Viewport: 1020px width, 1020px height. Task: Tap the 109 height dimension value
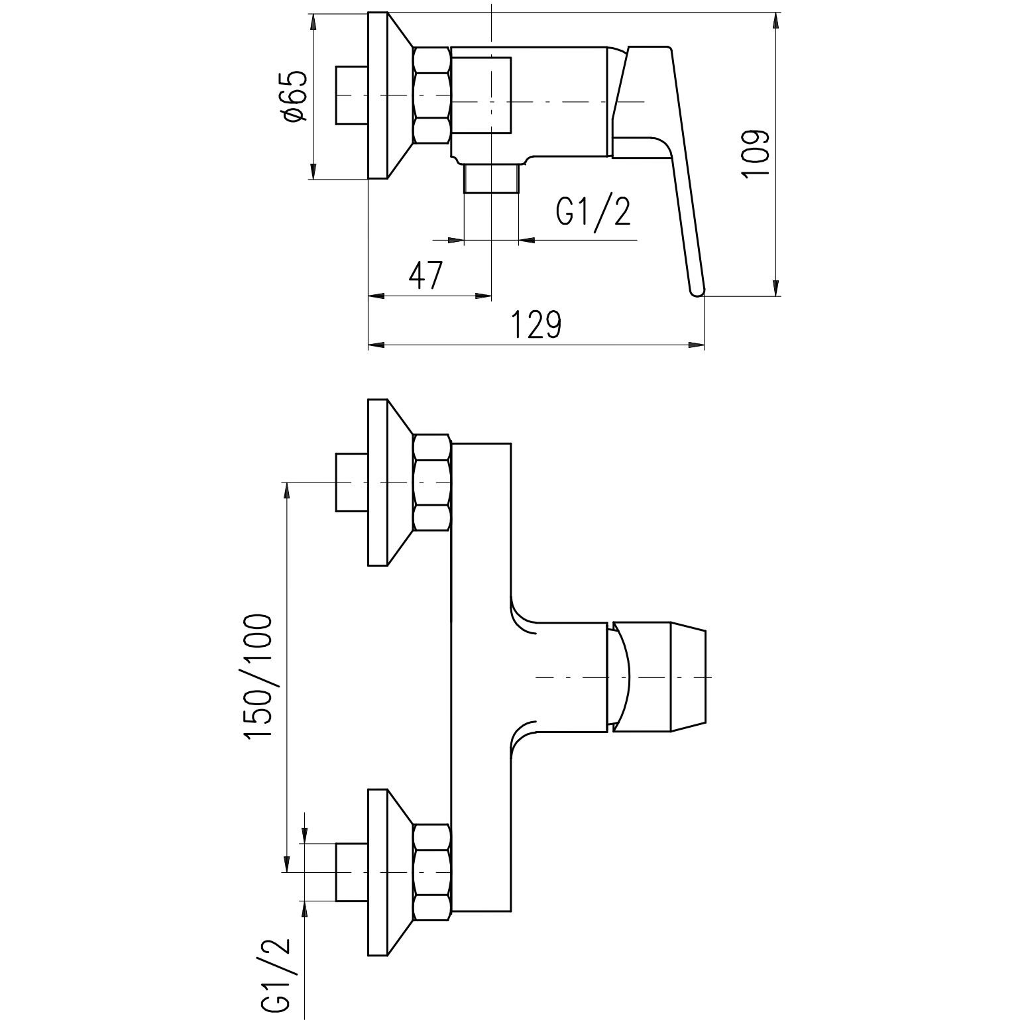755,153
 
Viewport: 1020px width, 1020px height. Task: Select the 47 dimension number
425,275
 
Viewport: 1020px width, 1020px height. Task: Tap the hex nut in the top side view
432,95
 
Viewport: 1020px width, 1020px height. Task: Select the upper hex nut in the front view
432,482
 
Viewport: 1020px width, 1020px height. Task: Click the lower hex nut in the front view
432,872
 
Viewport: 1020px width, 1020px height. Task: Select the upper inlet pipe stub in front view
352,482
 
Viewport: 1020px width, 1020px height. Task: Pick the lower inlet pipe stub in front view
352,872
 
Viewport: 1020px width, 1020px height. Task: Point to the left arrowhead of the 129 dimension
376,345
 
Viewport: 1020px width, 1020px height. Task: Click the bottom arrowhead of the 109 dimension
776,288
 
